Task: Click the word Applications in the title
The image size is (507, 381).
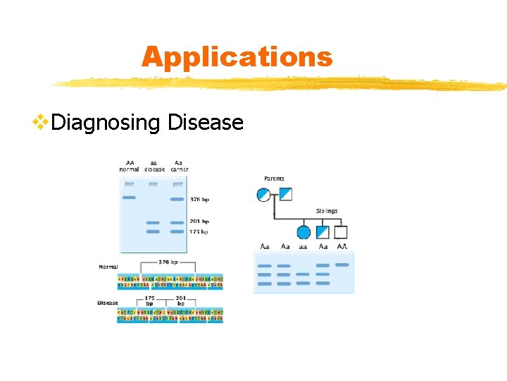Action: coord(237,56)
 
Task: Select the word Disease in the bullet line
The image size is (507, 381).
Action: coord(206,123)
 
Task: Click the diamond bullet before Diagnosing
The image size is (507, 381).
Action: coord(41,123)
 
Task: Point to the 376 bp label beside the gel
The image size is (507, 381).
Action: coord(201,200)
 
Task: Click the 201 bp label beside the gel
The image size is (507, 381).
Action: coord(200,222)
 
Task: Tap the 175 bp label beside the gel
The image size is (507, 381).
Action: coord(200,231)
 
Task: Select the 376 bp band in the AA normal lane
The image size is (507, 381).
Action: coord(129,198)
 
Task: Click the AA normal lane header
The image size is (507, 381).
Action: coord(130,166)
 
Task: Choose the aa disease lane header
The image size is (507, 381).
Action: coord(154,166)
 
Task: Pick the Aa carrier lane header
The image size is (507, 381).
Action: coord(179,166)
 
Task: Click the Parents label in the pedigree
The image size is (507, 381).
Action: coord(275,179)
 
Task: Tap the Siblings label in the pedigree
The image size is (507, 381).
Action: coord(327,210)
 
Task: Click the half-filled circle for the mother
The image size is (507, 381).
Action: coord(263,194)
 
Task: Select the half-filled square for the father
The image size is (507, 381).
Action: coord(285,194)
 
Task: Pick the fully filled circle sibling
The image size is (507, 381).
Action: coord(303,231)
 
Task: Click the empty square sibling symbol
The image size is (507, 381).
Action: coord(341,231)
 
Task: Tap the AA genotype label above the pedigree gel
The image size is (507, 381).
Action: coord(342,246)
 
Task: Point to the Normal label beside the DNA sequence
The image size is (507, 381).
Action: coord(108,267)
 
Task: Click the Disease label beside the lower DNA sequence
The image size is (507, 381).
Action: coord(108,303)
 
